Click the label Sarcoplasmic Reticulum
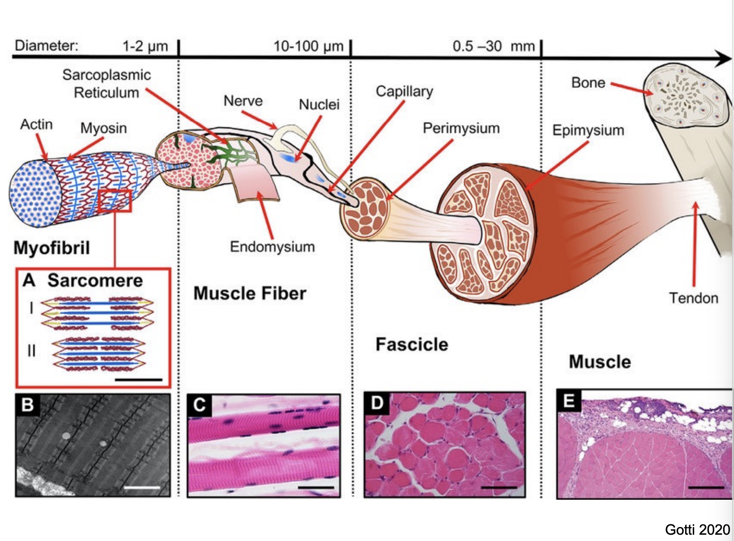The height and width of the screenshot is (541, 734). pyautogui.click(x=106, y=83)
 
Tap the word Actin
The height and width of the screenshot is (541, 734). pyautogui.click(x=36, y=124)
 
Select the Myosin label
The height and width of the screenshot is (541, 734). pyautogui.click(x=104, y=128)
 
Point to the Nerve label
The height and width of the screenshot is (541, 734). pyautogui.click(x=243, y=101)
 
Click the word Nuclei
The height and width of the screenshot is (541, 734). pyautogui.click(x=319, y=105)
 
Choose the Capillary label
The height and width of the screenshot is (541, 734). pyautogui.click(x=404, y=92)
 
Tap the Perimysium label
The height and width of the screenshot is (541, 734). pyautogui.click(x=461, y=128)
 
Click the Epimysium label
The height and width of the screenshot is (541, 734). pyautogui.click(x=588, y=130)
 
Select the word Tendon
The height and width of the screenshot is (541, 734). pyautogui.click(x=693, y=298)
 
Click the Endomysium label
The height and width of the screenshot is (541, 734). pyautogui.click(x=272, y=247)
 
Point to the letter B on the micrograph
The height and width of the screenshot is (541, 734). pyautogui.click(x=27, y=405)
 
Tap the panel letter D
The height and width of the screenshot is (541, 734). pyautogui.click(x=377, y=403)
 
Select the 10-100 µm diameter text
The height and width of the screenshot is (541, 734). pyautogui.click(x=308, y=46)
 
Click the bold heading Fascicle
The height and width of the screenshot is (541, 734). pyautogui.click(x=411, y=345)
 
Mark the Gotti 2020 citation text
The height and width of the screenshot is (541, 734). pyautogui.click(x=697, y=530)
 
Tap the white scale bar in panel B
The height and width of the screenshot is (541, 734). pyautogui.click(x=142, y=487)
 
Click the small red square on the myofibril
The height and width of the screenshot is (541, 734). pyautogui.click(x=115, y=201)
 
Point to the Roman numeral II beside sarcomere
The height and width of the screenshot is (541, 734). pyautogui.click(x=31, y=350)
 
